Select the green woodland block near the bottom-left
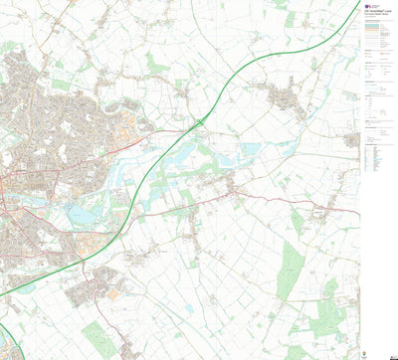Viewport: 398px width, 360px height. (99, 338)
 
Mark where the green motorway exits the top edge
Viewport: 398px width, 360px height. (356, 3)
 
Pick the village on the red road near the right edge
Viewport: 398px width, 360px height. (326, 210)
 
